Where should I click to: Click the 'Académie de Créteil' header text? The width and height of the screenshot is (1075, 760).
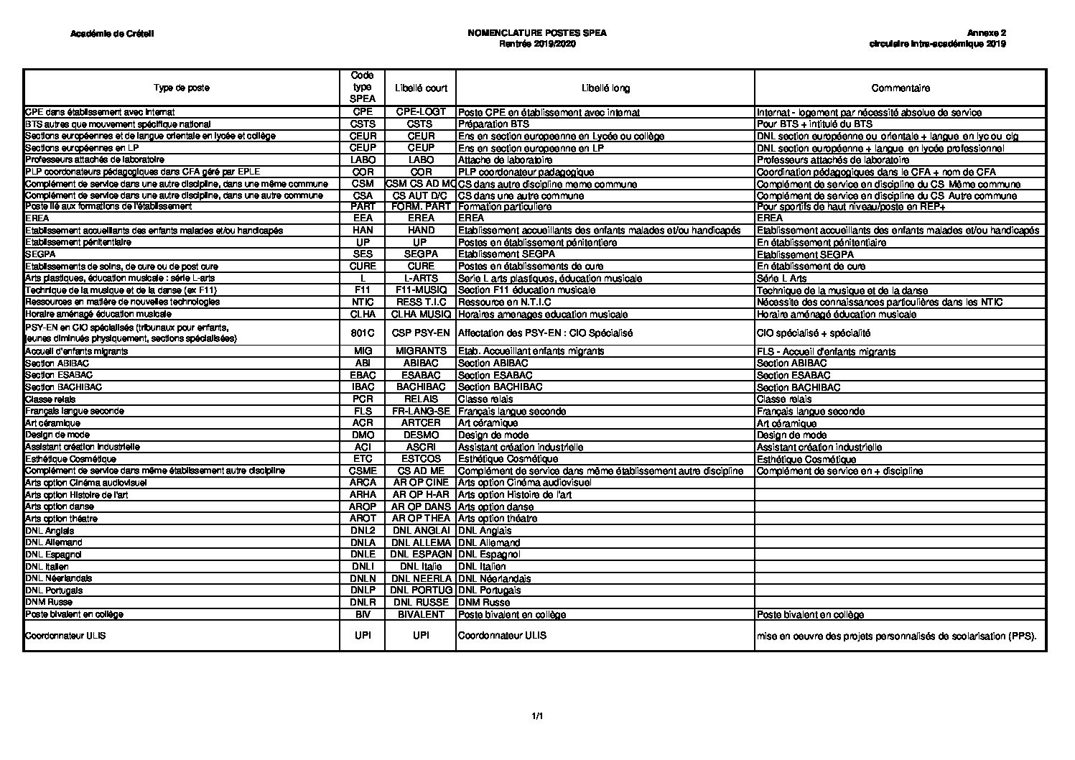point(113,34)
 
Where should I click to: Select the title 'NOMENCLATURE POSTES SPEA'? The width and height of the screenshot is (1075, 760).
point(537,34)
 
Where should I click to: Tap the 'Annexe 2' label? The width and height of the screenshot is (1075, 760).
point(986,34)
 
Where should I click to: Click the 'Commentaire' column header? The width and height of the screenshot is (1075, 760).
point(901,88)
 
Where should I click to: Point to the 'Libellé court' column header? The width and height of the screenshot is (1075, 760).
point(421,88)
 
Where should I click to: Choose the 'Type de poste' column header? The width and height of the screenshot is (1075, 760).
point(182,88)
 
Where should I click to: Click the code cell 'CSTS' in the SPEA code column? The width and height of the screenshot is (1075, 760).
point(363,124)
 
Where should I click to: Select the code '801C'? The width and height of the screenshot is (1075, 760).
point(363,333)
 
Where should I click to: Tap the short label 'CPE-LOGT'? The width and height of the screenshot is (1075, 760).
point(421,112)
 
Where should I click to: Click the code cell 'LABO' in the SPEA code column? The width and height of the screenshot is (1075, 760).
point(363,160)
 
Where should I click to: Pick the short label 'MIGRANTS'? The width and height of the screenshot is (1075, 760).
point(421,351)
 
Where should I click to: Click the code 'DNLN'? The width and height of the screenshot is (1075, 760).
point(363,578)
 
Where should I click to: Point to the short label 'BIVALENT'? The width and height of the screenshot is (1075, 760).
point(421,615)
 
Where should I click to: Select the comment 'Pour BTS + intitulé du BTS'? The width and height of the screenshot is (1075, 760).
point(815,124)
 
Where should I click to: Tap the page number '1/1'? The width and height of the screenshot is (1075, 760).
point(537,716)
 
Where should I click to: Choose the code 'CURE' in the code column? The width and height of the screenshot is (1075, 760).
point(363,267)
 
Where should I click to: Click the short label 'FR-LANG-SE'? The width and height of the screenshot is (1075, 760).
point(421,411)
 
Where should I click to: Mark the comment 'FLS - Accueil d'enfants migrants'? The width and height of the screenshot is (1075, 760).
point(827,352)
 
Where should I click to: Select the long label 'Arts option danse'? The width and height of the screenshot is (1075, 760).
point(495,507)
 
